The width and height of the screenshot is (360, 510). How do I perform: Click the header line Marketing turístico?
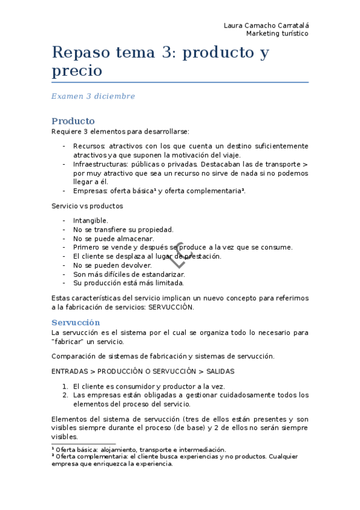tap(277, 34)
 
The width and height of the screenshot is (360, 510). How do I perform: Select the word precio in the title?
tap(77, 71)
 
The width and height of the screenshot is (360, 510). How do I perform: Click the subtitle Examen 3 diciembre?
tap(93, 96)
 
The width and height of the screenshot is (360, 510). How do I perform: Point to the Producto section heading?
tap(73, 121)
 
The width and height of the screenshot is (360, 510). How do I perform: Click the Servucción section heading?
tap(76, 322)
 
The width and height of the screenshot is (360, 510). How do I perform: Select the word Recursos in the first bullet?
tap(89, 146)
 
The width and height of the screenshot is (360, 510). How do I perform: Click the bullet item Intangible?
tap(91, 221)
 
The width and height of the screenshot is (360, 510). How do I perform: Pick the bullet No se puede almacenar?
tap(113, 238)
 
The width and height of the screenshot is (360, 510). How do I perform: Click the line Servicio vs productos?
tap(88, 206)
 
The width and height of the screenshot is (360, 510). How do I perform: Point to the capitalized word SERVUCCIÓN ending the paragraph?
tap(171, 307)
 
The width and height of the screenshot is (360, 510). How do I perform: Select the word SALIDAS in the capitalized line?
tap(219, 371)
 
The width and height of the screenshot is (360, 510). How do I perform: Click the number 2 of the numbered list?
tap(65, 395)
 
